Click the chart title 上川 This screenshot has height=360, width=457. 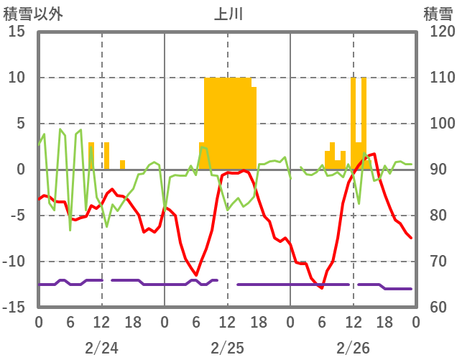[228, 14]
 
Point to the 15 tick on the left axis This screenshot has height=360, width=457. [17, 32]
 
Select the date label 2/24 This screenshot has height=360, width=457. [101, 348]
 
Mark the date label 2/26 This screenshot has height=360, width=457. [353, 348]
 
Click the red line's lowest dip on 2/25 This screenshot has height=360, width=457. [196, 274]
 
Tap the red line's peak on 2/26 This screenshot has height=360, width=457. [374, 154]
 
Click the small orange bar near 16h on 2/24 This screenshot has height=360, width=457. [122, 165]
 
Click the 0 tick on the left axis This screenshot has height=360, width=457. [20, 170]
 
